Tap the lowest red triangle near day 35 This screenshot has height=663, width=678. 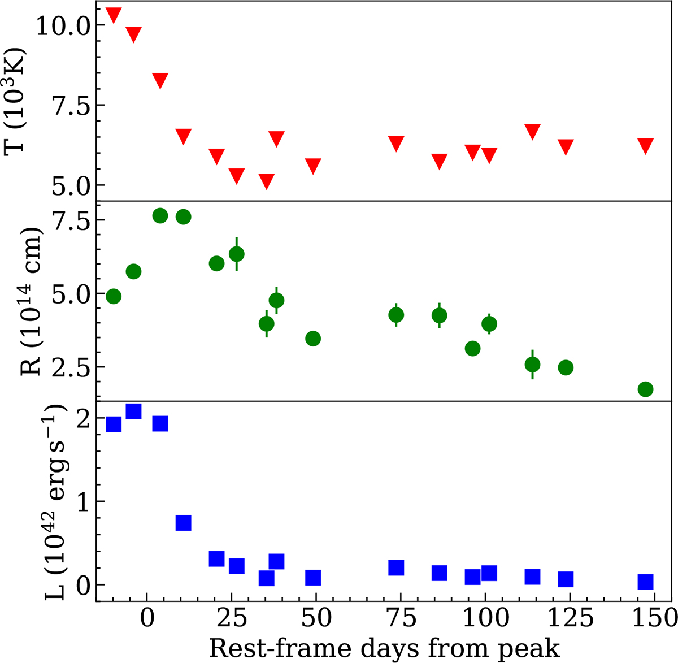(267, 181)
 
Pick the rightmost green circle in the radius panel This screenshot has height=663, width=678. (645, 389)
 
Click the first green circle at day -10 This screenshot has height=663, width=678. (114, 296)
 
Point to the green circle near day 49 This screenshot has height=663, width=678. (313, 339)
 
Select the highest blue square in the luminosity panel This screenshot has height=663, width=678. (133, 411)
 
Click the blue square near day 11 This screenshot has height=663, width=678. (183, 523)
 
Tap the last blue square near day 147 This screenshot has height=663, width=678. (645, 582)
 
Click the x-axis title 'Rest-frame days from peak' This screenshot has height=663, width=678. (384, 648)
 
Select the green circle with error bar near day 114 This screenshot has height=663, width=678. (532, 365)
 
